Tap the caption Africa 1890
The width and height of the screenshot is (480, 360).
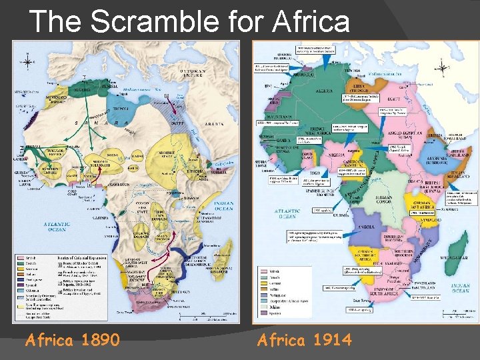[x=73, y=340]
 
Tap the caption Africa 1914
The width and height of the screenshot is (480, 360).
[x=304, y=340]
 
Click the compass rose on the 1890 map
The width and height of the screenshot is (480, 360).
[x=27, y=62]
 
